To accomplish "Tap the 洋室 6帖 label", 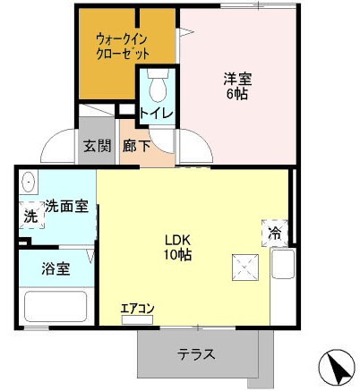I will pos(236,86).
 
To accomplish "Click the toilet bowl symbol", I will pos(158,86).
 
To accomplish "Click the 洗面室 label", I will pos(66,207).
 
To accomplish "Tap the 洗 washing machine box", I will pos(30,216).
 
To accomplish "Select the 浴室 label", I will pos(56,268).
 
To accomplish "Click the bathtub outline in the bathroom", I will pos(55,306).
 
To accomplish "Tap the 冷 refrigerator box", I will pos(274,233).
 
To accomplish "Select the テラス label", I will pos(196,354).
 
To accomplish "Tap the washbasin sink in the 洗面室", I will pos(29,183).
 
